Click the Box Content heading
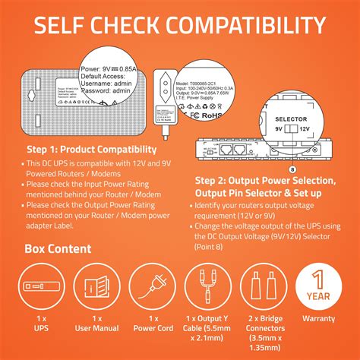[58, 248]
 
